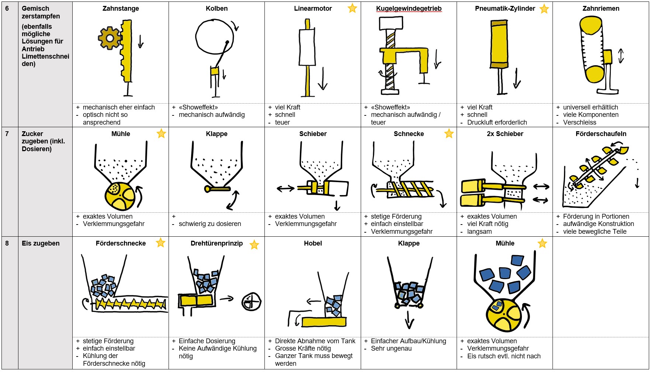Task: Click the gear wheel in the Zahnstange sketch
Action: [110, 38]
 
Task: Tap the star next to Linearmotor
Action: [352, 8]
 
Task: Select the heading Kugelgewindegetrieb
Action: [409, 8]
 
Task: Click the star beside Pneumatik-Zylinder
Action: [544, 9]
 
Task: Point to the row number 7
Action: [7, 134]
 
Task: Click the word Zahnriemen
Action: [601, 8]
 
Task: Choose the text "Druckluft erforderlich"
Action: [497, 122]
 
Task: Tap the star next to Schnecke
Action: [449, 133]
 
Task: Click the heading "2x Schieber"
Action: [505, 134]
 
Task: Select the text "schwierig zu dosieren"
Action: [210, 224]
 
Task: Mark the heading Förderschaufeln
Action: [601, 134]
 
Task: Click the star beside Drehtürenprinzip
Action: [254, 244]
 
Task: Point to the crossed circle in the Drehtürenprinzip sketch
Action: [252, 302]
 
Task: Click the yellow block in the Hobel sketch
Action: [323, 322]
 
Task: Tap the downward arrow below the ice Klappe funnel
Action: [409, 319]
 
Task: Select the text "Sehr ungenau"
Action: [391, 348]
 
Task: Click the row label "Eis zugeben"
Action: [41, 243]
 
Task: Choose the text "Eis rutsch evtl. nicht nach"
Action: [503, 356]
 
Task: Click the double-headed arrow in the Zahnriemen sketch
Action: [621, 56]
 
